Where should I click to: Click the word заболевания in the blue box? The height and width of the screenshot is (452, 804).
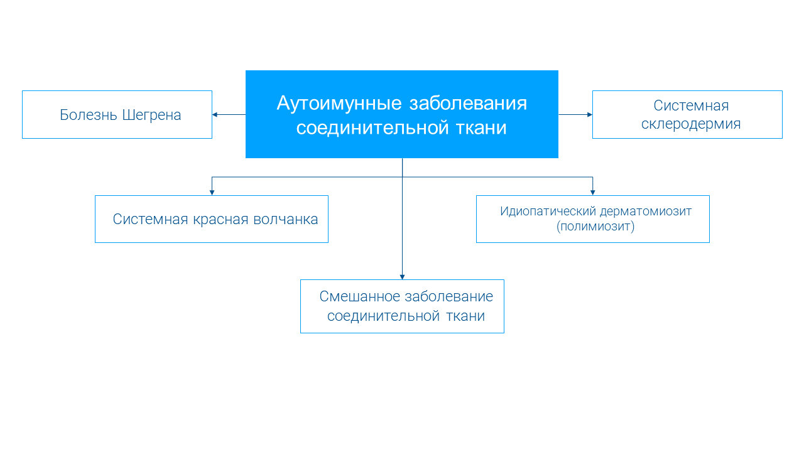(x=468, y=104)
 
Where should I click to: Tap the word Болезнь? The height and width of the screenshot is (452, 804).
(x=89, y=116)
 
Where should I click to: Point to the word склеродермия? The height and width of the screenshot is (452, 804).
(x=691, y=124)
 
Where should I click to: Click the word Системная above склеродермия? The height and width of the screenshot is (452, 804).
(x=691, y=105)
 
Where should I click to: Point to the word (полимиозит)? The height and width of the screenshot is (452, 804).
(x=595, y=227)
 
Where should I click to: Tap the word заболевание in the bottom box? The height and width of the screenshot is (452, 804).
(x=448, y=297)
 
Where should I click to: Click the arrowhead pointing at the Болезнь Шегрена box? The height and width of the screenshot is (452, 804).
(x=215, y=115)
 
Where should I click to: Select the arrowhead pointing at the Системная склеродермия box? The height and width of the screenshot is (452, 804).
(x=590, y=115)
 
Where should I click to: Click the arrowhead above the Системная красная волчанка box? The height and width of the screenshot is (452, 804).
(x=212, y=192)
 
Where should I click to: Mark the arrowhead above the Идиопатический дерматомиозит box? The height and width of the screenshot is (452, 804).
(x=592, y=192)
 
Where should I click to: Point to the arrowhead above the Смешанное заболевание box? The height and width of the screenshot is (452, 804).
(x=402, y=276)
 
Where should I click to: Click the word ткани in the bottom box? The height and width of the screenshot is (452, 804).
(x=465, y=316)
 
